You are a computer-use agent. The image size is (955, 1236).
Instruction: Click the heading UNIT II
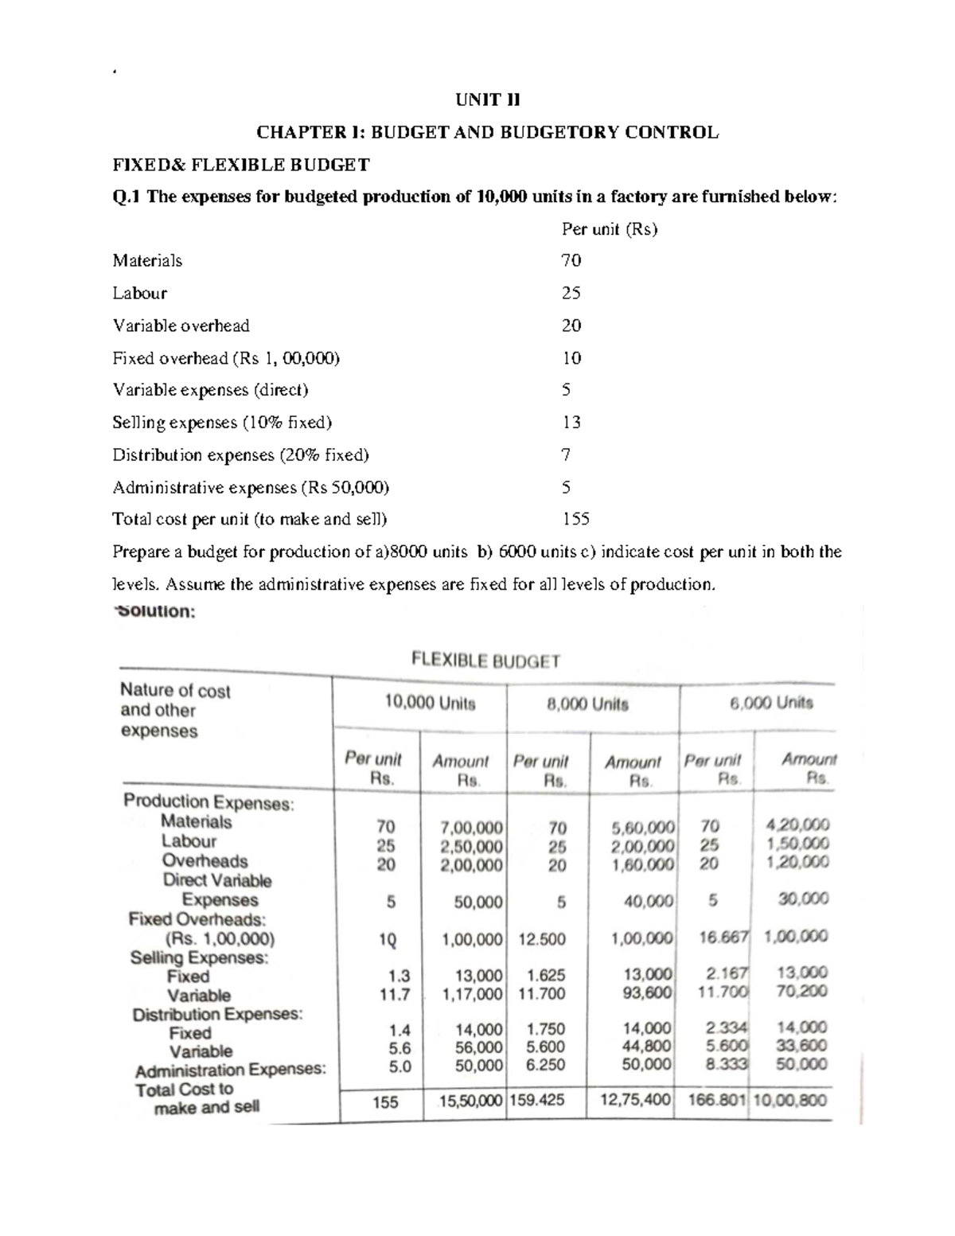pos(486,100)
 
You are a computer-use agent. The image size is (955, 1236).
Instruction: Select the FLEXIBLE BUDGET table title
pos(485,660)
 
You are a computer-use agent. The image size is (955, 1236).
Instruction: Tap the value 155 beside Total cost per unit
pos(575,519)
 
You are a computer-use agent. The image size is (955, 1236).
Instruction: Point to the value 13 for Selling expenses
pos(571,422)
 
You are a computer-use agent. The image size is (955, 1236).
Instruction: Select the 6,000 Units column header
pos(771,703)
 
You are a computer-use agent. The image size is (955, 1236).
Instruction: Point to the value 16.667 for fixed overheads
pos(723,937)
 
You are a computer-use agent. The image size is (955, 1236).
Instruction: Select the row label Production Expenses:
pos(209,802)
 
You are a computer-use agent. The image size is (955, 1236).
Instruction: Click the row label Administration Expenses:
pos(230,1070)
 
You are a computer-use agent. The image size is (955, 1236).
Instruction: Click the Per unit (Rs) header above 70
pos(610,229)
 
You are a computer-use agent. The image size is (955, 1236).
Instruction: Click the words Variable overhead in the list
pos(181,326)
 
